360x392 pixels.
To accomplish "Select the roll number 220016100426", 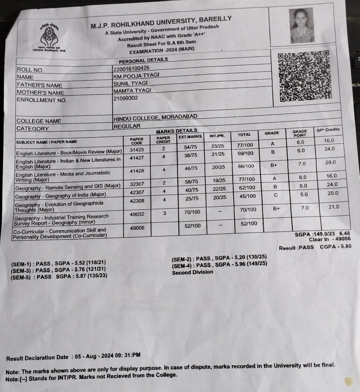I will (131, 68).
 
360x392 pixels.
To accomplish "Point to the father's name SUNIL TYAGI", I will (130, 83).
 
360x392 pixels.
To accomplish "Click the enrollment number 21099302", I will (125, 98).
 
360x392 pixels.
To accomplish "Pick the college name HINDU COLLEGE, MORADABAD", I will (155, 118).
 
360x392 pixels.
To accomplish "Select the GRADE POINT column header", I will (299, 133).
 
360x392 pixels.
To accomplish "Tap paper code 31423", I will (137, 149).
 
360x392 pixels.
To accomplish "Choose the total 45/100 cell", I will (247, 196).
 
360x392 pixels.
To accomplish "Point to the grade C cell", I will (275, 195).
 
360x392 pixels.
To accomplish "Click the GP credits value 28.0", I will (330, 162).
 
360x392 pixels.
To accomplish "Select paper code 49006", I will (137, 228).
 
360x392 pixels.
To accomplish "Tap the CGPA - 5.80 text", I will (336, 246).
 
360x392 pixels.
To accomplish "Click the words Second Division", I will (192, 272).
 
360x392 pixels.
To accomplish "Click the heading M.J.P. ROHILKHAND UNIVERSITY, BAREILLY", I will (161, 22).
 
